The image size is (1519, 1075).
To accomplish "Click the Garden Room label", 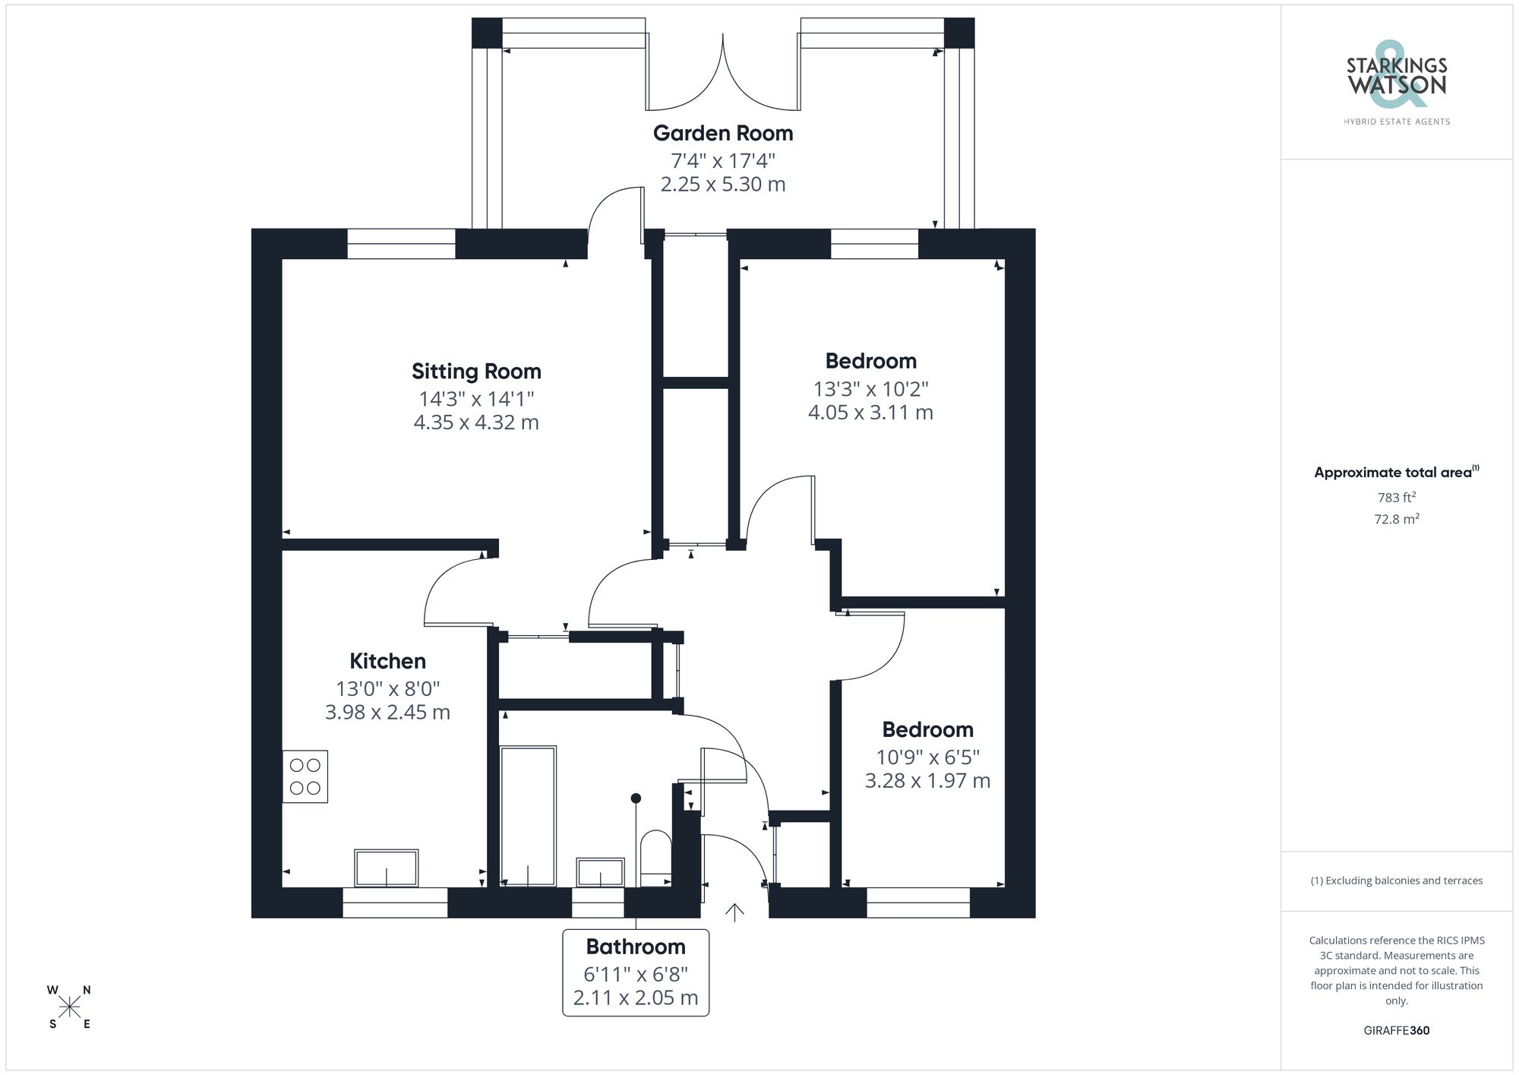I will (722, 133).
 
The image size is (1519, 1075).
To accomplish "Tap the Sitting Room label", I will (476, 372).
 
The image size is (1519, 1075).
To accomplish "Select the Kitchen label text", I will (387, 661).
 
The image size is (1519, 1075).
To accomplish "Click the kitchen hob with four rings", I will (305, 776).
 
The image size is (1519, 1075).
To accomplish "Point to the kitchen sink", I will (386, 868).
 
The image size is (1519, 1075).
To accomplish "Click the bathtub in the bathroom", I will (528, 815).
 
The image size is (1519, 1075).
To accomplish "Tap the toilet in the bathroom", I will (655, 857).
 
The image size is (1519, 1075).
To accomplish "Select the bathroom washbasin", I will (600, 871).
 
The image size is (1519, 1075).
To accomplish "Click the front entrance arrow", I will (734, 912).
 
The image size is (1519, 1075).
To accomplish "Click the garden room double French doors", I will (723, 76).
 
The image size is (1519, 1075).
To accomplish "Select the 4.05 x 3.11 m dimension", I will (870, 413).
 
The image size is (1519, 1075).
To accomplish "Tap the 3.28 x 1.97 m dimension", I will (927, 781).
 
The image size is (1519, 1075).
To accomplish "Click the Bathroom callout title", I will (636, 947).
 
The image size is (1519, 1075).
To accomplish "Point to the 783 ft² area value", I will (1396, 498).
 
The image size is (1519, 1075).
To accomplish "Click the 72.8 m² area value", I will (1396, 519).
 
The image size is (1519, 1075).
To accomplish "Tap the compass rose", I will (70, 1007).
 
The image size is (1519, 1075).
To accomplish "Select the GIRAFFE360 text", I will (1396, 1030).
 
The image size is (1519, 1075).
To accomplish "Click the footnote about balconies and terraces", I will (1396, 881).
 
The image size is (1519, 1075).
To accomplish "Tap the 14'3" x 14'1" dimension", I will (476, 399).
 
